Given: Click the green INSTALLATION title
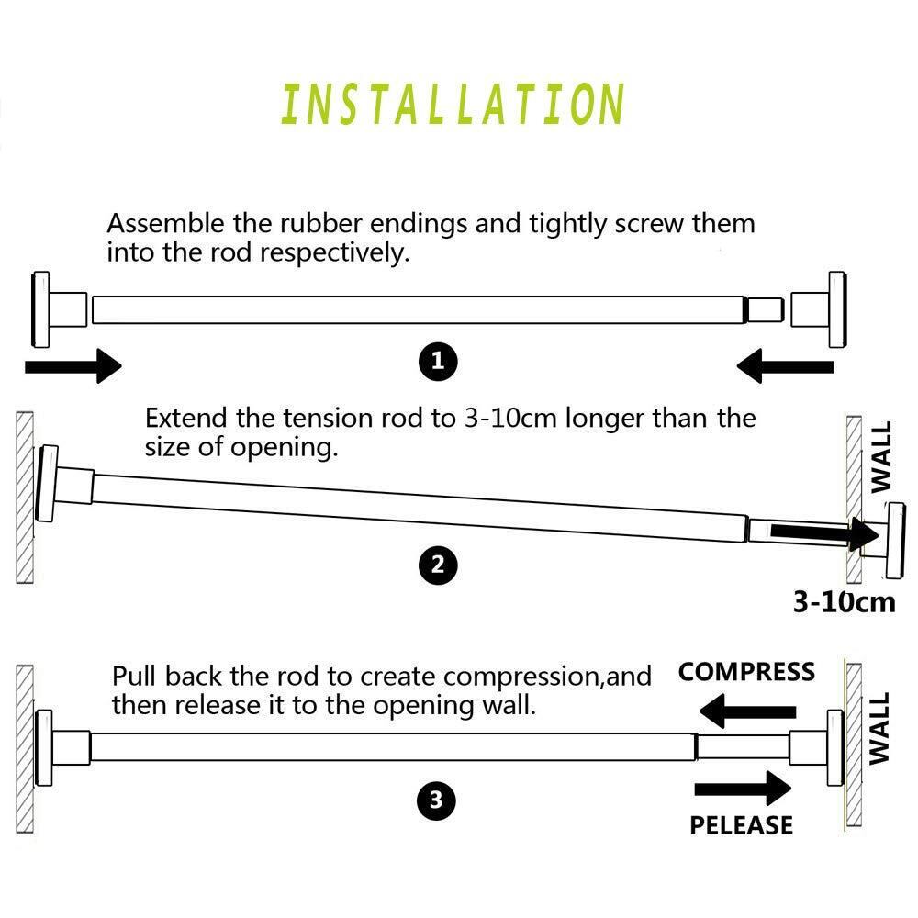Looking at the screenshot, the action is tap(453, 104).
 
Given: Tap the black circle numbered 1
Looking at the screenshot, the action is tap(438, 361).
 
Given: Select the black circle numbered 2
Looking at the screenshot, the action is tap(438, 565).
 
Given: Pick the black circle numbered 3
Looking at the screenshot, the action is tap(436, 801).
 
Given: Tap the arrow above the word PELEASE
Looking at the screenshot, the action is tap(743, 788).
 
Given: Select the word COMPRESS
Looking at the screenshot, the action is tap(746, 672).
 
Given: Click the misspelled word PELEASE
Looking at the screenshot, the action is tap(741, 824).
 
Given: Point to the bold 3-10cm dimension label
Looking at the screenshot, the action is tap(844, 602).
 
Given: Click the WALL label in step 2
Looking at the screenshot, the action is tap(881, 458).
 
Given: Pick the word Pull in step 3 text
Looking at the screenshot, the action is tap(132, 677).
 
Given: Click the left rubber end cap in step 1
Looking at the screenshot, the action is tap(56, 308).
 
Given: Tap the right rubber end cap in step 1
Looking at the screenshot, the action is tap(819, 309).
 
